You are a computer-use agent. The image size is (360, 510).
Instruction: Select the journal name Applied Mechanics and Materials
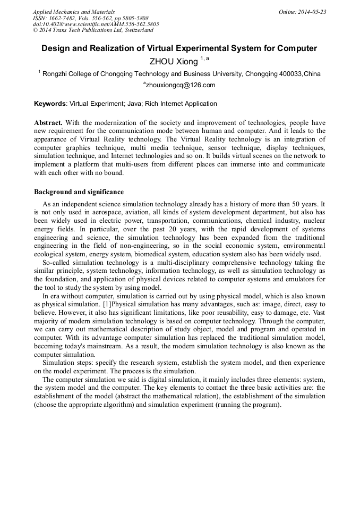(x=74, y=12)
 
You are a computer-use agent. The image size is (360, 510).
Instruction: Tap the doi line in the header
(x=96, y=24)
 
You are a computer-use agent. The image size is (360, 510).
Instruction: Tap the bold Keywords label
(x=50, y=104)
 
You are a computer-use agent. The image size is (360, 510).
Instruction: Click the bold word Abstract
(x=48, y=122)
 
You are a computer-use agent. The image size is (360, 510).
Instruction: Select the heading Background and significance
(x=79, y=191)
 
